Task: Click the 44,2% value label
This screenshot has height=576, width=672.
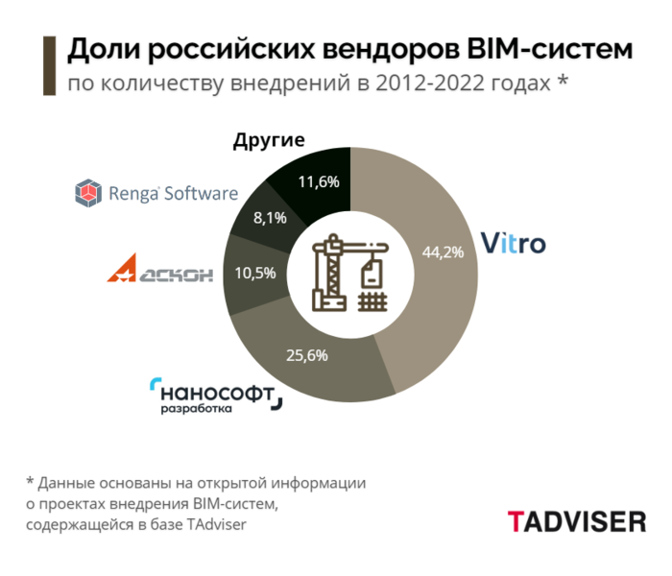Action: [444, 252]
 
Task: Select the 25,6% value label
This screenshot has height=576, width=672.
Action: [307, 355]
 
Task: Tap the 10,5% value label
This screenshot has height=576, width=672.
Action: [255, 272]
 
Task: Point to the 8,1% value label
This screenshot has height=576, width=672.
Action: [270, 218]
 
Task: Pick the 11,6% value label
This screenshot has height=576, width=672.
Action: [319, 180]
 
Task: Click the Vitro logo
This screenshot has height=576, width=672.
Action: [513, 242]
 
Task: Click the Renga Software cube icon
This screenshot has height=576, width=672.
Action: [88, 194]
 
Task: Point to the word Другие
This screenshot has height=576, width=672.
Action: [269, 140]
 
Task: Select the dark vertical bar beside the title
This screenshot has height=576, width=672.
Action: [47, 65]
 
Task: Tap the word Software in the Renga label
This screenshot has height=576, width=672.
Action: [201, 194]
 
